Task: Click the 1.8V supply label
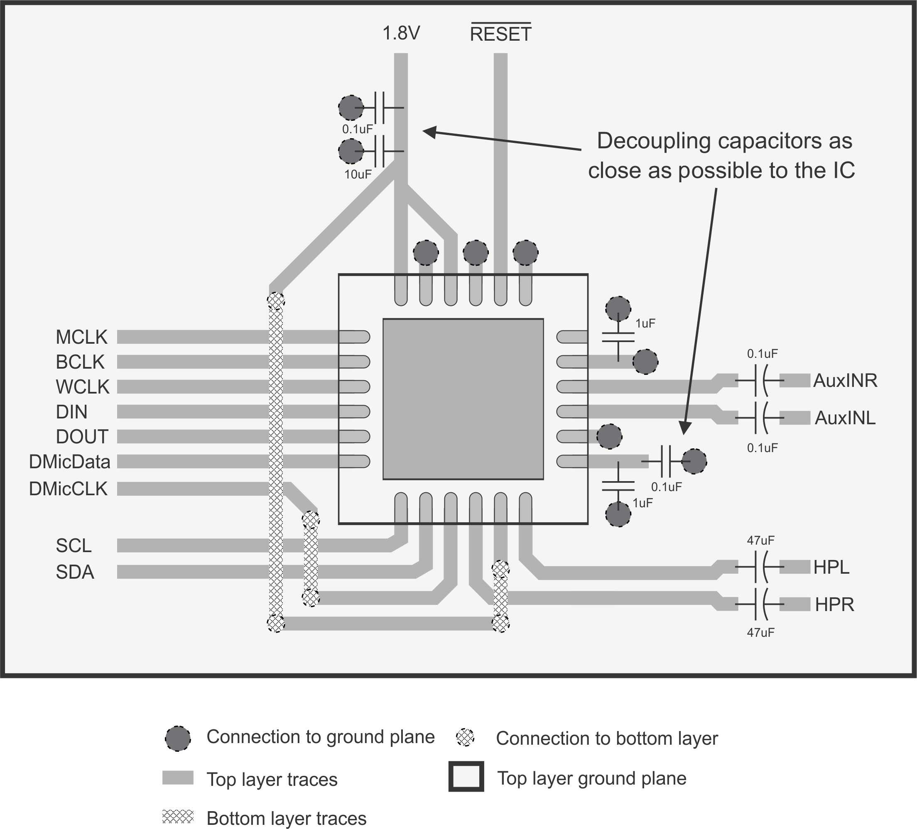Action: click(x=401, y=34)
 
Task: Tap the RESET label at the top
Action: click(x=500, y=34)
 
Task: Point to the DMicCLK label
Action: click(x=68, y=489)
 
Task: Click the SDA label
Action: click(x=75, y=572)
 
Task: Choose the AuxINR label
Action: click(x=845, y=380)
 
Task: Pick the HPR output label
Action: click(x=834, y=604)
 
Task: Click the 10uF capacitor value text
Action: click(x=358, y=174)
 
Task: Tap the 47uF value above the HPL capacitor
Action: click(x=760, y=540)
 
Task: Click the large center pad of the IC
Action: click(x=463, y=399)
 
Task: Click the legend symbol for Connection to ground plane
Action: click(x=177, y=739)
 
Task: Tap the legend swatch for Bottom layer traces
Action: click(x=178, y=817)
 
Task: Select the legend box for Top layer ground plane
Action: click(x=466, y=776)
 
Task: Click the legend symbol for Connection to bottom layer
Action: click(x=465, y=737)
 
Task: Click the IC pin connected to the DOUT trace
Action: click(x=354, y=437)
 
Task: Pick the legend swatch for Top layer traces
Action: click(x=178, y=778)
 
